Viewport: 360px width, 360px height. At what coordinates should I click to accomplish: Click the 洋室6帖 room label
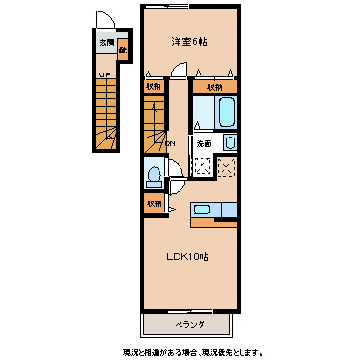190,41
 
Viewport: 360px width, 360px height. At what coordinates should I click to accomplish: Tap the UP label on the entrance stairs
102,73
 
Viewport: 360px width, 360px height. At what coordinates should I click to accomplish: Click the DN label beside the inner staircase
171,144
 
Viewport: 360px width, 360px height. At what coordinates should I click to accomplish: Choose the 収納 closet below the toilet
154,204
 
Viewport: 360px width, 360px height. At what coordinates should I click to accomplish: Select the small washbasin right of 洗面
230,143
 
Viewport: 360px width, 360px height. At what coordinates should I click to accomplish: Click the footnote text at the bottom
192,352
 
